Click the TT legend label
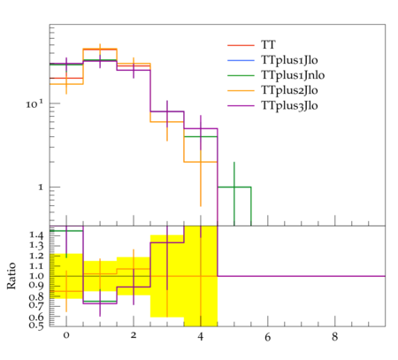click(x=268, y=45)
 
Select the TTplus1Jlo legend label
click(x=289, y=60)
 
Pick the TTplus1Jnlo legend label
click(x=293, y=75)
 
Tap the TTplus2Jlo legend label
click(x=289, y=90)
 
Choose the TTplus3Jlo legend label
click(x=289, y=105)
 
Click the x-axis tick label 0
click(x=66, y=336)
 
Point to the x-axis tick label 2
click(x=134, y=336)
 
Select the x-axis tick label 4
click(x=201, y=336)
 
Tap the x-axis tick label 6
click(x=268, y=336)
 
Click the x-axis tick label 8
click(x=334, y=336)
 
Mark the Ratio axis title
click(x=11, y=275)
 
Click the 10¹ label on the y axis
click(x=34, y=103)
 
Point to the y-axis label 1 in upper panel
click(x=41, y=188)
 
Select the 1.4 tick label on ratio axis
click(x=36, y=235)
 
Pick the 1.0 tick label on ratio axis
click(x=36, y=276)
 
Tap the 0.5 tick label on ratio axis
click(x=36, y=326)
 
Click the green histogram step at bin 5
click(x=234, y=187)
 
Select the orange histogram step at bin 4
click(x=201, y=162)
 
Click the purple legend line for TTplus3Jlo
click(x=241, y=105)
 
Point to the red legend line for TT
click(x=241, y=45)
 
